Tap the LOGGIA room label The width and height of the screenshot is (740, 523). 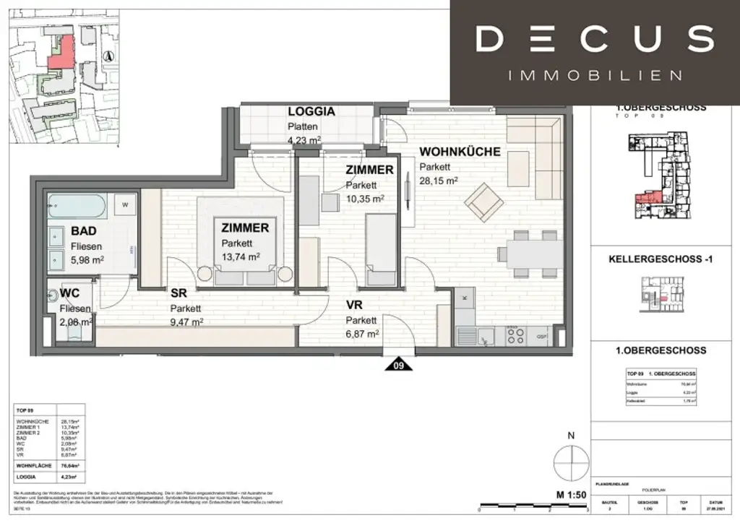(x=311, y=112)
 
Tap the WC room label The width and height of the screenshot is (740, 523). (x=70, y=294)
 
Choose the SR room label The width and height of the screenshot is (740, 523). (x=178, y=295)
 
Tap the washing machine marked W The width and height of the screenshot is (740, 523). (x=125, y=205)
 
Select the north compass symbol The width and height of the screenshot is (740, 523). (x=570, y=459)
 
